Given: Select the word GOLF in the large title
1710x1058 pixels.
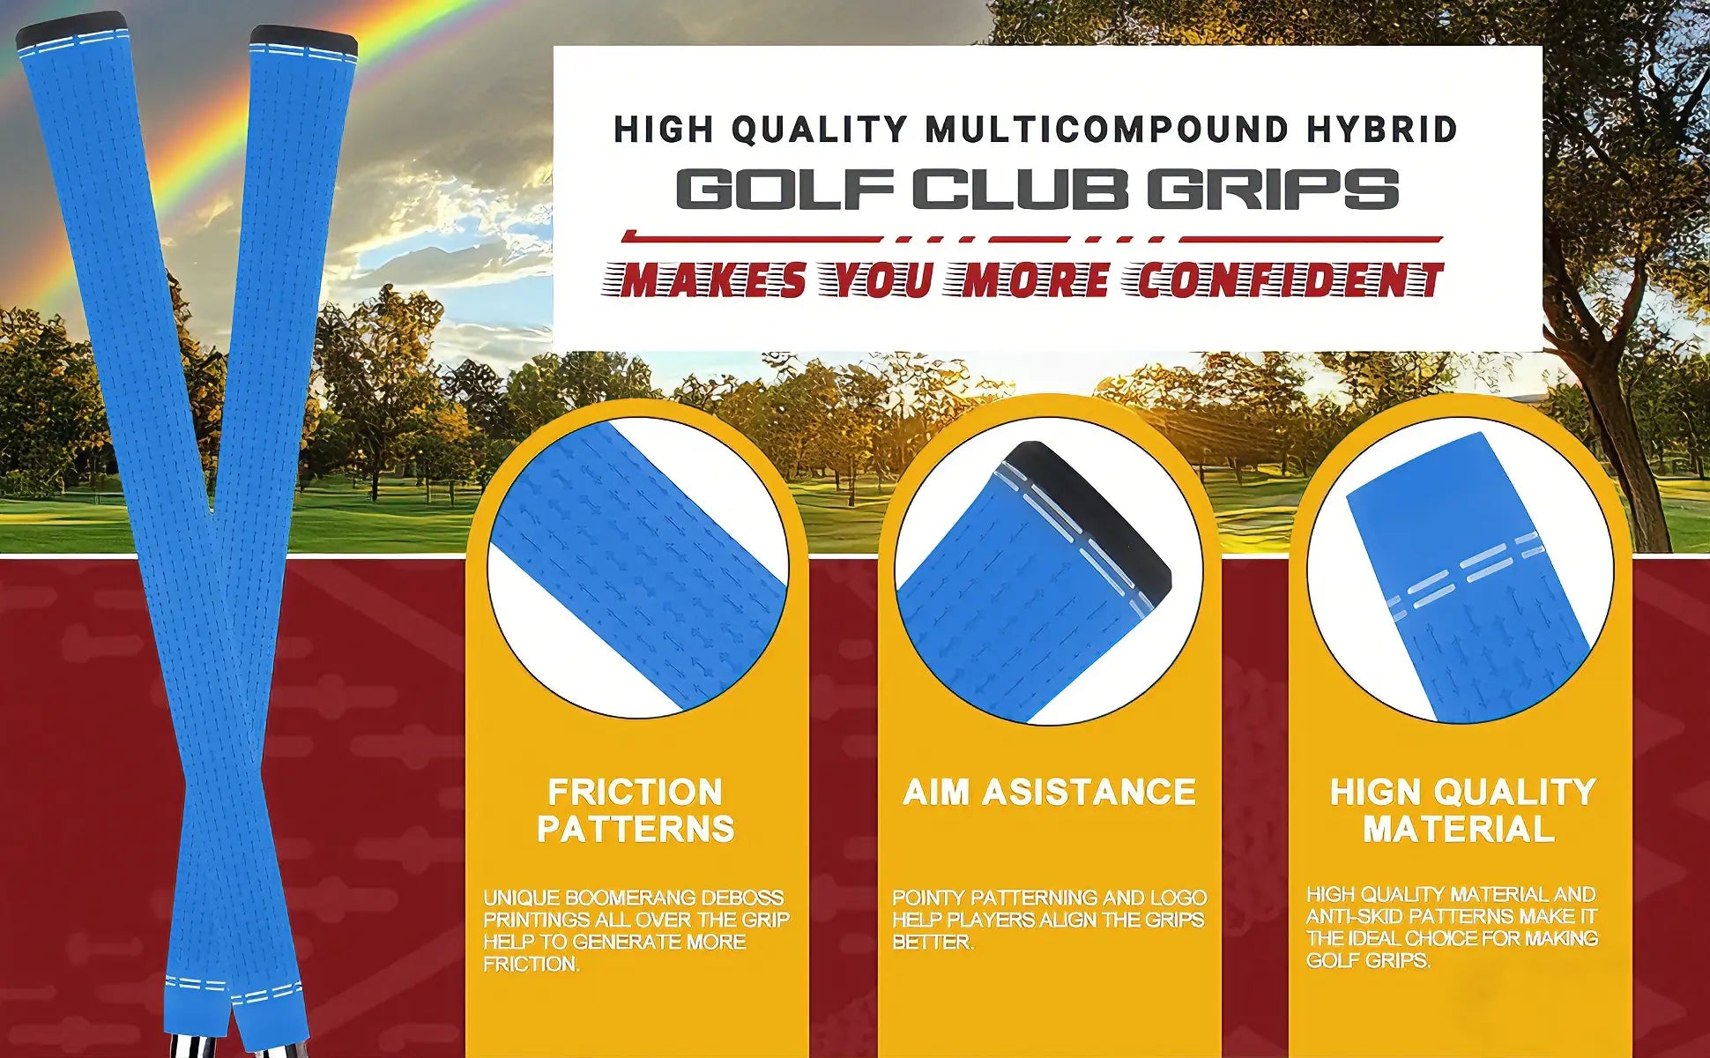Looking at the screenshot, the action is point(785,190).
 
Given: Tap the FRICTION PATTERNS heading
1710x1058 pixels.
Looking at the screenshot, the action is point(636,810).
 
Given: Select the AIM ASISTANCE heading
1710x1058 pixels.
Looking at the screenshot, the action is point(1049,792).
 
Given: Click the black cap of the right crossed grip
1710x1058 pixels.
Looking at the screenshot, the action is point(304,40).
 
